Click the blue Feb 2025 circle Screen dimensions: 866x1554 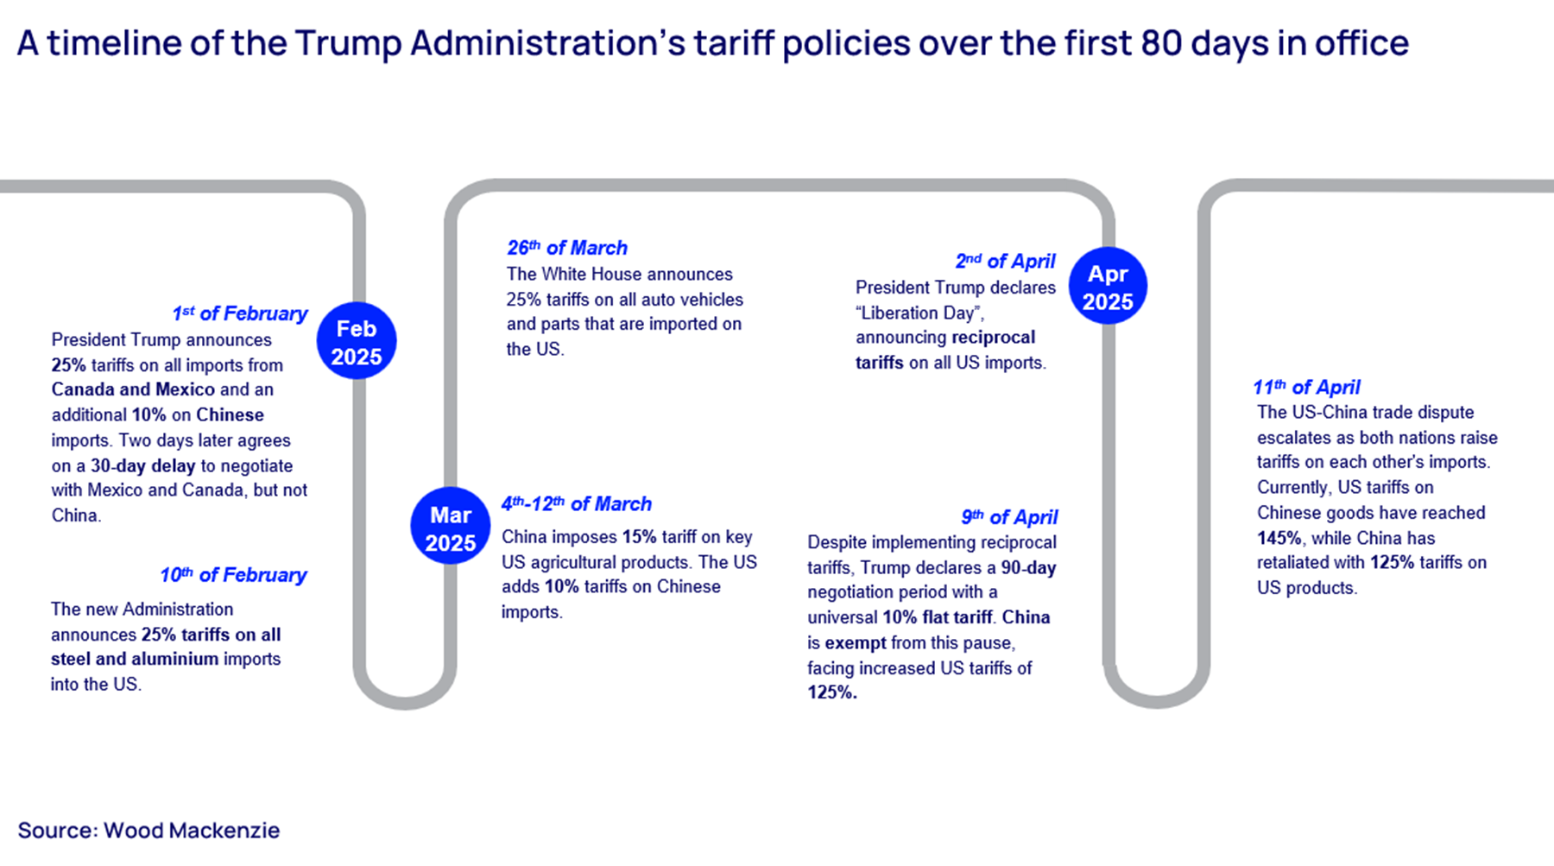tap(356, 341)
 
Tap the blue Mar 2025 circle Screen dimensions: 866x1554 tap(450, 527)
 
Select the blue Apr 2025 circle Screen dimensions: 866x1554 tap(1108, 287)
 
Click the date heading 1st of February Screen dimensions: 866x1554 tap(239, 313)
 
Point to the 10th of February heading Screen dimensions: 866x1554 tap(233, 575)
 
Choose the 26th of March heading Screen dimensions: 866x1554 tap(566, 248)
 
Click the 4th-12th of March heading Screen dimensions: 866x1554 tap(576, 504)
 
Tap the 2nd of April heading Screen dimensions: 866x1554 tap(1005, 261)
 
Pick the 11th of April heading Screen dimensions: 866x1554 tap(1306, 387)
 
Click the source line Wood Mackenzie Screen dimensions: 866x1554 tap(148, 831)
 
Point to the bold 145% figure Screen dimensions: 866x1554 tap(1279, 538)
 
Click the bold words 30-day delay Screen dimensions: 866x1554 tap(143, 466)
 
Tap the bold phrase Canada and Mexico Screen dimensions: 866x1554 tap(133, 389)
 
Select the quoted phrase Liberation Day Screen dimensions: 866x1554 tap(919, 313)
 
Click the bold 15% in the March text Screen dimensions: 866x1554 tap(639, 537)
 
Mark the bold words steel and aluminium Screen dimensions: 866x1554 tap(135, 659)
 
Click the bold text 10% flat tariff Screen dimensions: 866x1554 tap(937, 617)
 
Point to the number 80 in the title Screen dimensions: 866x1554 tap(1160, 43)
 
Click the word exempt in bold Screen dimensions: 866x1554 tap(855, 643)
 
